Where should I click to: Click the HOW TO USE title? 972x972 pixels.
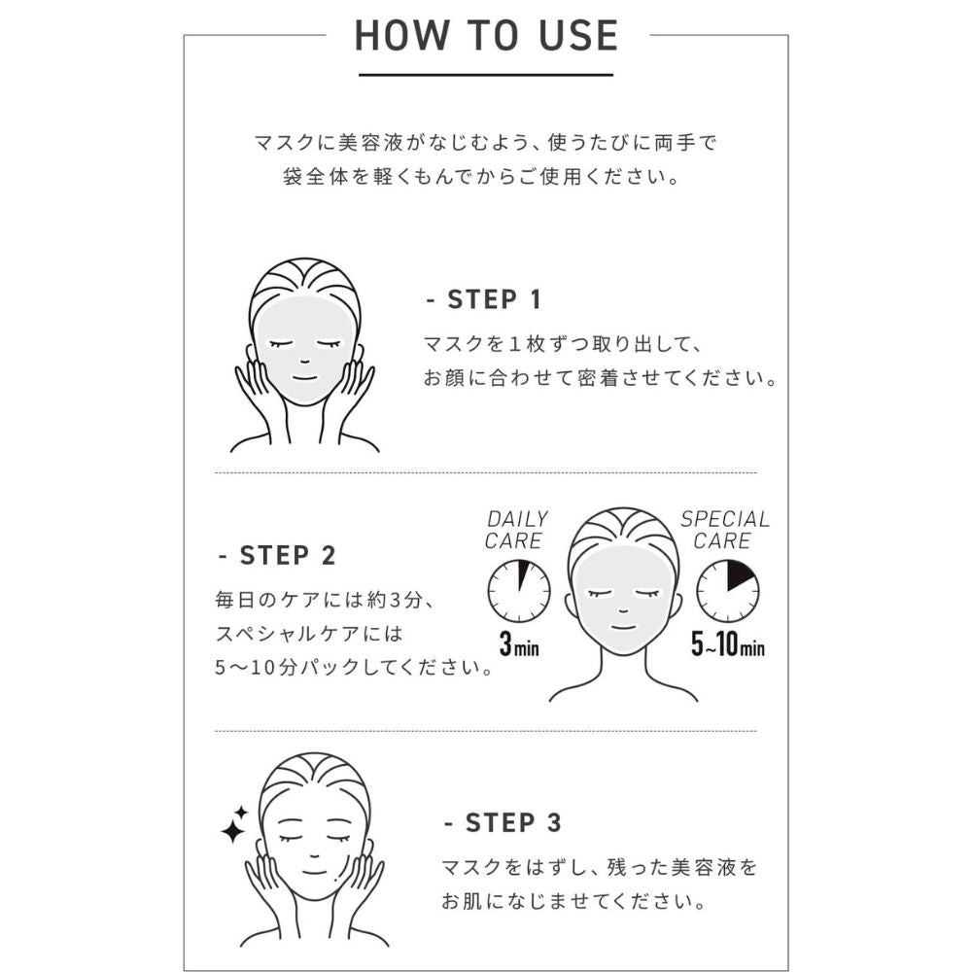[486, 35]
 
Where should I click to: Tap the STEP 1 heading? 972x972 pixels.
[485, 299]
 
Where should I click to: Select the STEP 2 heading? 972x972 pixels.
[278, 555]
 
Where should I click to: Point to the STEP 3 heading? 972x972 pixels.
[503, 823]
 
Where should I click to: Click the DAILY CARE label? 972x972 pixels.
[516, 530]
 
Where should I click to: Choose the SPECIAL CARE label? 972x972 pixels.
[725, 530]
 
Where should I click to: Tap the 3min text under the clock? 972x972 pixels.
[519, 644]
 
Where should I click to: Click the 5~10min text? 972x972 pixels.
[728, 644]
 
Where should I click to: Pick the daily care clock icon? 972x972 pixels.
[519, 591]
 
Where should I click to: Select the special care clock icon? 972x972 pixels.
[728, 591]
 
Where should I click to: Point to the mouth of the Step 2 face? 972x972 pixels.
[623, 627]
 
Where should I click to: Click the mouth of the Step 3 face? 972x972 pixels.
[314, 872]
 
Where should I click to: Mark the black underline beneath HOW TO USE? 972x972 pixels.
[486, 75]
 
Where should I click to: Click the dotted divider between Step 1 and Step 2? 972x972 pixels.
[486, 472]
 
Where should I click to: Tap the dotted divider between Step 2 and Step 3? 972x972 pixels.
[486, 731]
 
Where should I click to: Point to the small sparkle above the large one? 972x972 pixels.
[241, 812]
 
